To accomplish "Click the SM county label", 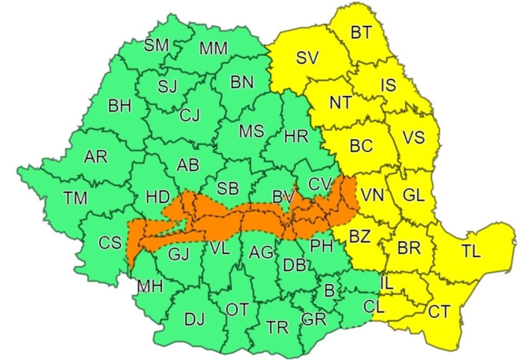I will coord(156,46).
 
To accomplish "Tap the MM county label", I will coord(213,49).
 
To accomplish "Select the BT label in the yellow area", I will coord(360,33).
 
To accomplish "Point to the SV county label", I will coord(307,58).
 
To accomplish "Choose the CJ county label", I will coord(189,115).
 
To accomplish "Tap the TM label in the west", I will coord(75,198).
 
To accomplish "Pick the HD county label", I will coord(157,197).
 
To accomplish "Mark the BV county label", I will coord(283,197).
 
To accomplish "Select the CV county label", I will coord(320,184).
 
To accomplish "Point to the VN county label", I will coord(373,196).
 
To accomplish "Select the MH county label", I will coord(150,286).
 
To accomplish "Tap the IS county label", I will coord(388,85).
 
